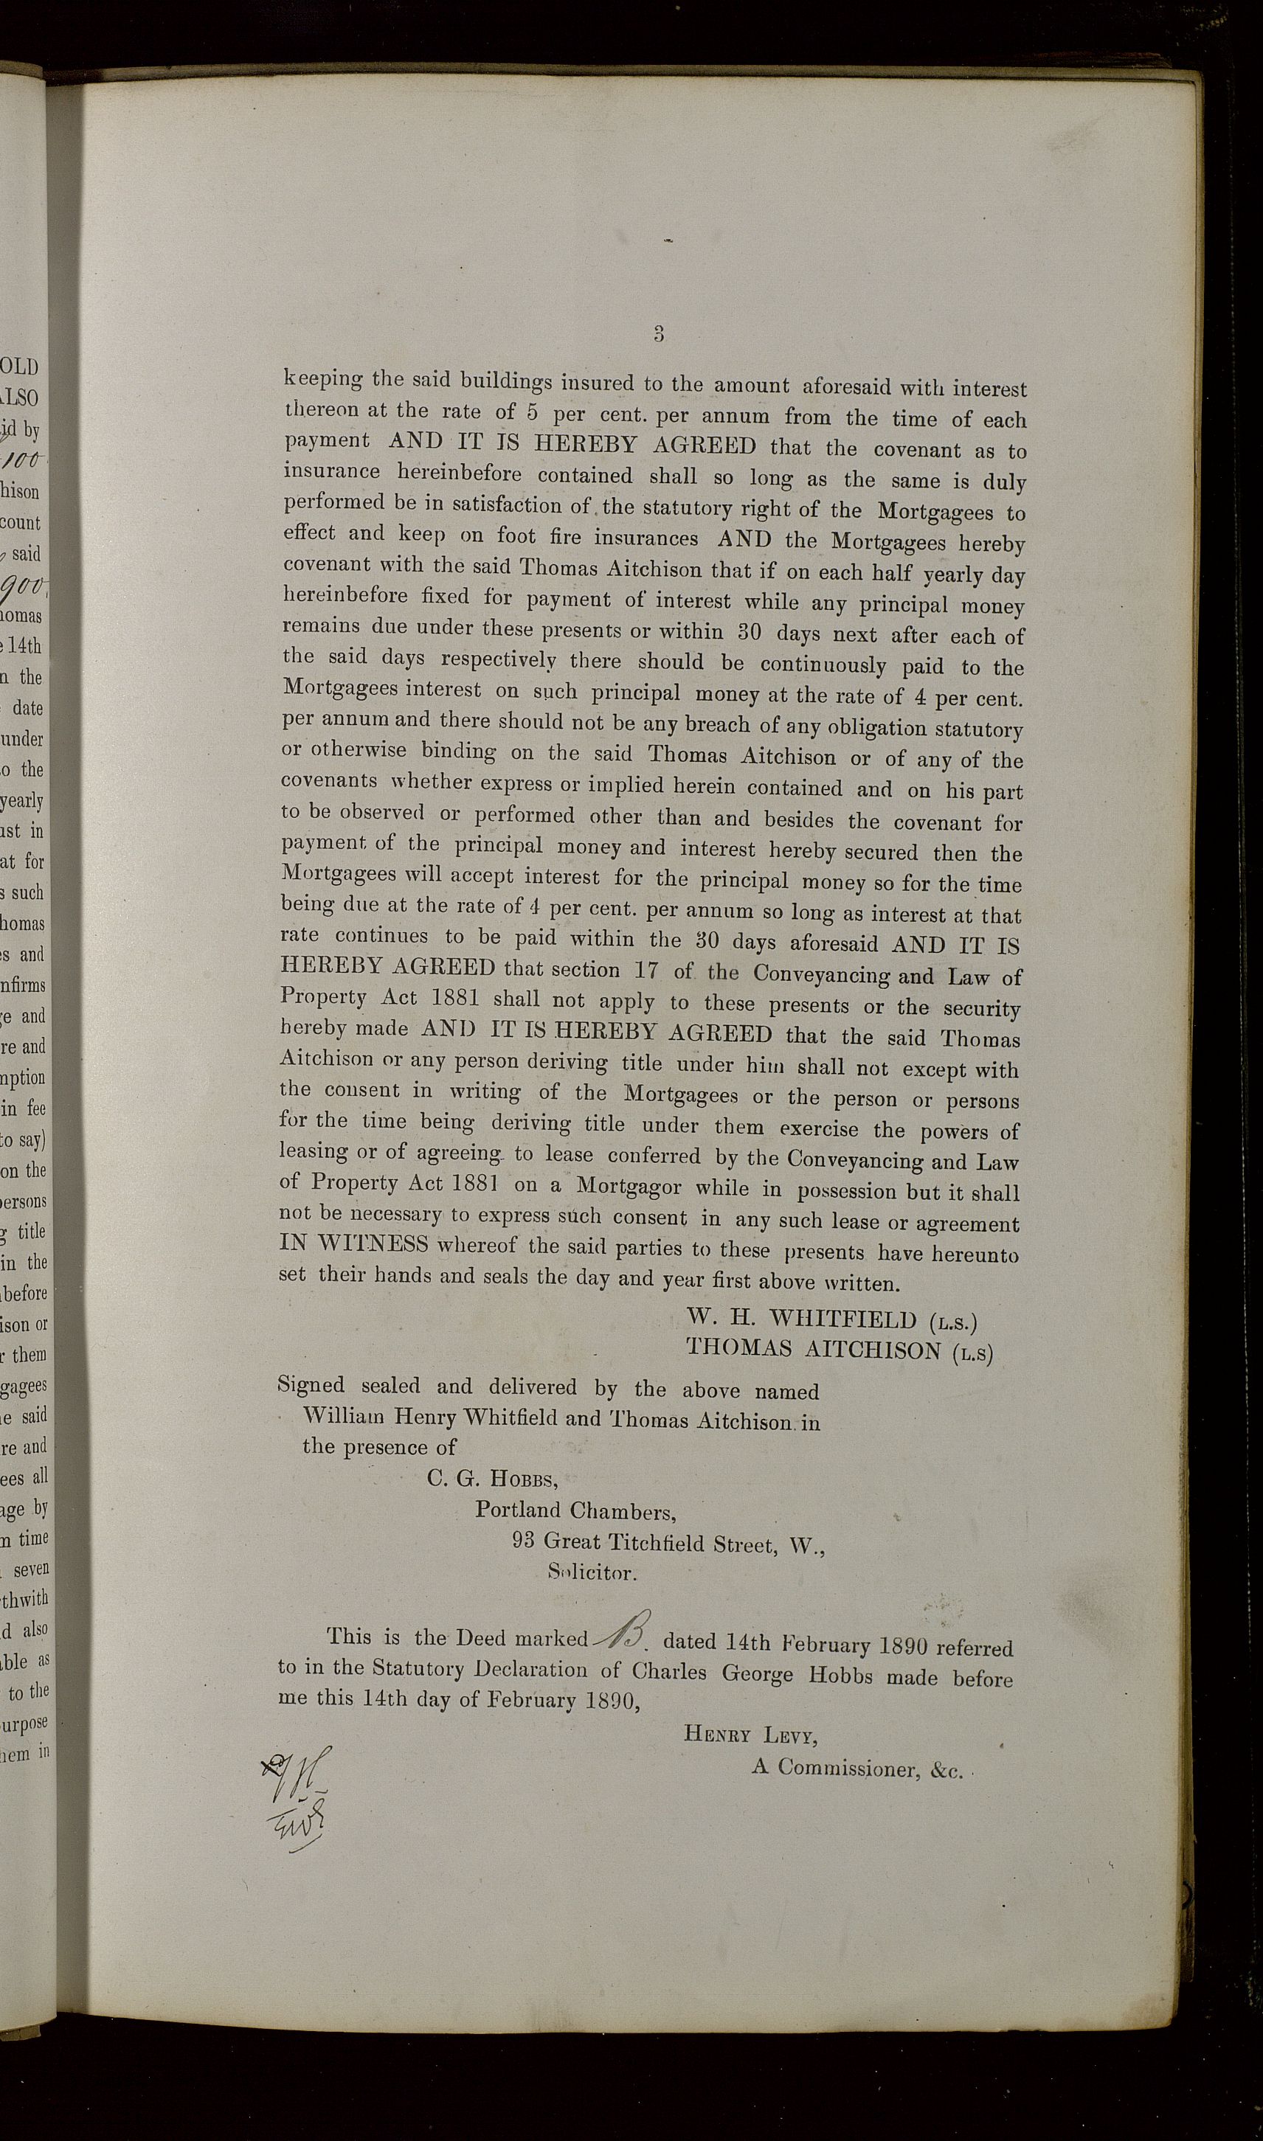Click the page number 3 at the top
coord(659,333)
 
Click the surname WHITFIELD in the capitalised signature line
coord(842,1319)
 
